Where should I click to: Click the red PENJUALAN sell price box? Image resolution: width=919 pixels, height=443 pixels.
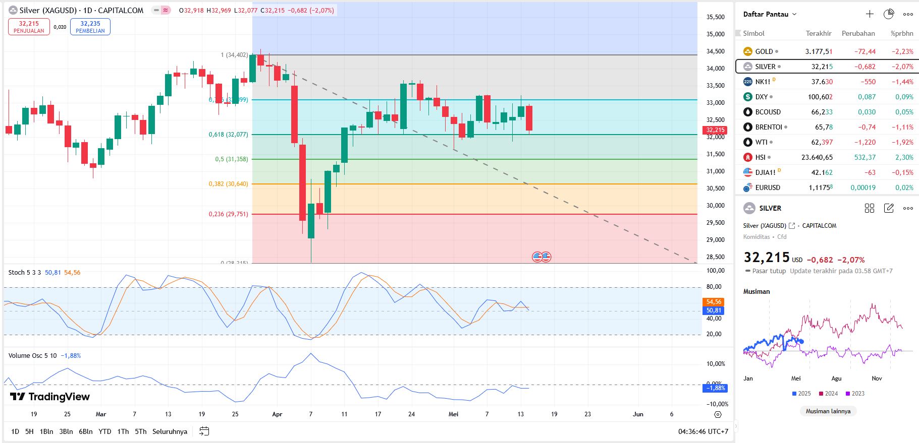pyautogui.click(x=29, y=27)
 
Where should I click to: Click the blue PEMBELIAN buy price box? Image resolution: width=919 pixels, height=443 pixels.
pyautogui.click(x=90, y=27)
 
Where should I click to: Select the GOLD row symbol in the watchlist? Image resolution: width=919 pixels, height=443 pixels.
pyautogui.click(x=764, y=51)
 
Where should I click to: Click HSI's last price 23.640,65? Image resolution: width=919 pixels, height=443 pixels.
pyautogui.click(x=817, y=157)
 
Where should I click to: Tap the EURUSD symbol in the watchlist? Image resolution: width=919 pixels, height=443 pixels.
pyautogui.click(x=767, y=187)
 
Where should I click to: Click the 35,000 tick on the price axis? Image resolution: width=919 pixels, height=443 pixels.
pyautogui.click(x=715, y=34)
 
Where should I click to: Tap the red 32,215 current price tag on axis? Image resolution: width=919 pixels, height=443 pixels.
pyautogui.click(x=715, y=130)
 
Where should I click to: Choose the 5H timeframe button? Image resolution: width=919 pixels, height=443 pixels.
pyautogui.click(x=29, y=431)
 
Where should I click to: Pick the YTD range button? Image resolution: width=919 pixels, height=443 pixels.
pyautogui.click(x=104, y=431)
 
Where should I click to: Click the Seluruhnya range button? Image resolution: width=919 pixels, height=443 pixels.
pyautogui.click(x=170, y=431)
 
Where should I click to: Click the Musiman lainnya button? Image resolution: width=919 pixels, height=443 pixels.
pyautogui.click(x=828, y=411)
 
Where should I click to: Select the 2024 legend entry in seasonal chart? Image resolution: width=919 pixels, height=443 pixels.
pyautogui.click(x=828, y=394)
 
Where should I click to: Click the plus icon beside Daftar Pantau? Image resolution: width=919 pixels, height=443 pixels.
pyautogui.click(x=870, y=14)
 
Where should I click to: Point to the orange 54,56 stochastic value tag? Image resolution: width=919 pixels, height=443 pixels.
pyautogui.click(x=714, y=302)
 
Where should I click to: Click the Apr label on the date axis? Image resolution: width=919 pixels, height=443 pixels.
pyautogui.click(x=277, y=414)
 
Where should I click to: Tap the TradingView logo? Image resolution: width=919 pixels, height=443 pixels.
pyautogui.click(x=50, y=397)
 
